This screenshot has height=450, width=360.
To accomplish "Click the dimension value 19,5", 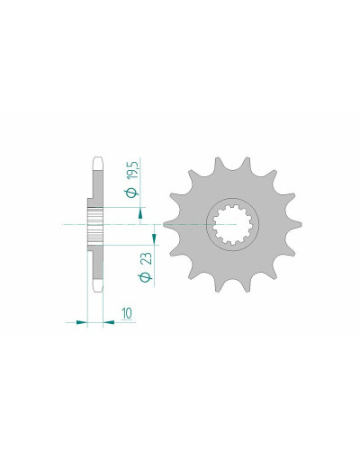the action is (133, 171).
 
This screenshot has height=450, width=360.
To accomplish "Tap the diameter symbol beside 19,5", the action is (132, 193).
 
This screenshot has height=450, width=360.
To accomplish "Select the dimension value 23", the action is (147, 258).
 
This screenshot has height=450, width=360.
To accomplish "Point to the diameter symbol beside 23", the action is (147, 277).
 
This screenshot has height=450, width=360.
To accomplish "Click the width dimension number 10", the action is (127, 313).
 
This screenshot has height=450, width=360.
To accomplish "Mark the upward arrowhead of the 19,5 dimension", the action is (140, 215).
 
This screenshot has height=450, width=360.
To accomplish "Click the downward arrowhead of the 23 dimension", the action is (154, 238).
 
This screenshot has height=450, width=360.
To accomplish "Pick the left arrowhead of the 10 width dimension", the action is (81, 322).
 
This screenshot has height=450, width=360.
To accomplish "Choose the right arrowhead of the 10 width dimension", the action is (109, 322).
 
